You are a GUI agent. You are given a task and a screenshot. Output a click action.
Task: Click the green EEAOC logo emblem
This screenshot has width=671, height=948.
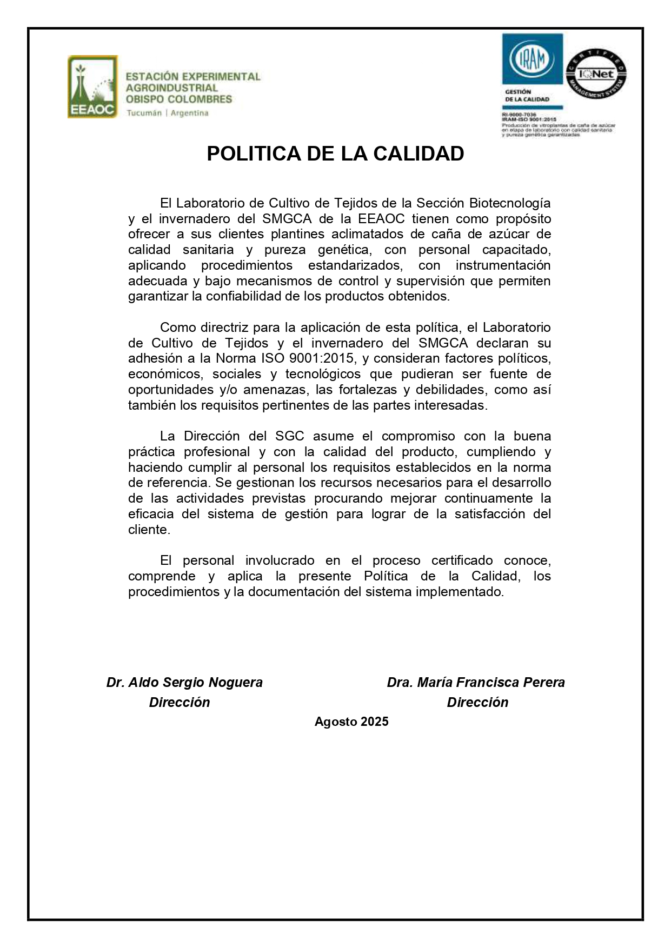[x=92, y=86]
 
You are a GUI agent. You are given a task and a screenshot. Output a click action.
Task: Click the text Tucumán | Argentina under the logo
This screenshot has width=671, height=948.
[x=167, y=113]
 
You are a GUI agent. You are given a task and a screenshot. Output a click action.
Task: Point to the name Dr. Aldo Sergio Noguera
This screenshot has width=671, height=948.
[x=184, y=683]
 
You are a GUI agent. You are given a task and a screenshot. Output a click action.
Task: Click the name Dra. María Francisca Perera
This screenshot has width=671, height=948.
[x=476, y=683]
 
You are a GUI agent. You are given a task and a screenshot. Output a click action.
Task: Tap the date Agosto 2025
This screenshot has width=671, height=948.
[x=351, y=722]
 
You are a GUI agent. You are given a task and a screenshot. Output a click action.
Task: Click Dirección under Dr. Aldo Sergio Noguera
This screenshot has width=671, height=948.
[x=180, y=703]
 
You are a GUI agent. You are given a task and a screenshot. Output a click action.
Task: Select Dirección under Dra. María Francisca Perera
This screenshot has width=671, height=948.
[x=477, y=703]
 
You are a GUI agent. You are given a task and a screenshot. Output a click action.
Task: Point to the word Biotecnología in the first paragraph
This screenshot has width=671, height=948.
[x=510, y=203]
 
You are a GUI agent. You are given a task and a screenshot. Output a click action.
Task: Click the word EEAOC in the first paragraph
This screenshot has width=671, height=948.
[x=381, y=219]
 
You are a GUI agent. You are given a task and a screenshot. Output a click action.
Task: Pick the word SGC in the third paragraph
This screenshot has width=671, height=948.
[x=290, y=436]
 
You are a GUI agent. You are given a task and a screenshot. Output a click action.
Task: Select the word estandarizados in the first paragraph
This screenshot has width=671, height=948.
[x=355, y=265]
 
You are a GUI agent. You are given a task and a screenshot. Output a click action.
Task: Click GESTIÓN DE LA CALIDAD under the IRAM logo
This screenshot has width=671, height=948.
[x=527, y=96]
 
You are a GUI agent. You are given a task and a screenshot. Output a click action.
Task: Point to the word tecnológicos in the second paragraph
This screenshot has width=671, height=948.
[x=323, y=374]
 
